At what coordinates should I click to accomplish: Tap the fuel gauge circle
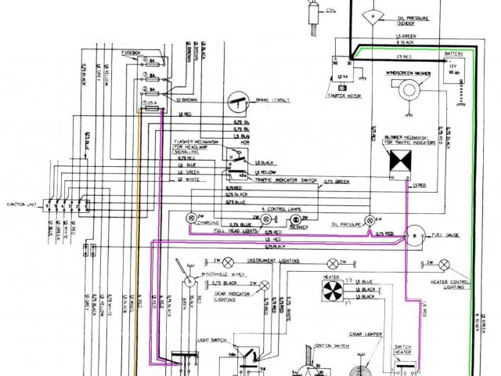[417, 234]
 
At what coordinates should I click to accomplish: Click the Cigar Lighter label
[364, 334]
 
